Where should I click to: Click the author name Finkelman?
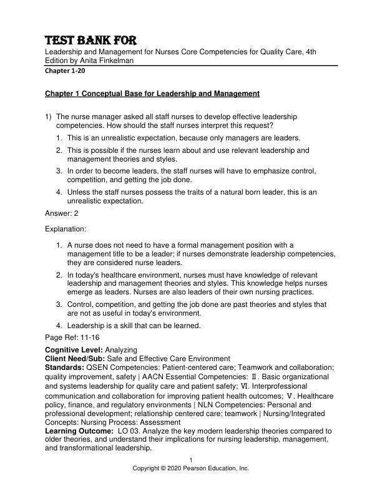[x=115, y=61]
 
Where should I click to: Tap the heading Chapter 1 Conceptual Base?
[x=152, y=94]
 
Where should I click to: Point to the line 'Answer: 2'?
[x=62, y=213]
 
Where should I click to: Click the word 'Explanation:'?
[x=66, y=229]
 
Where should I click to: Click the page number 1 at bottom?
[x=191, y=460]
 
